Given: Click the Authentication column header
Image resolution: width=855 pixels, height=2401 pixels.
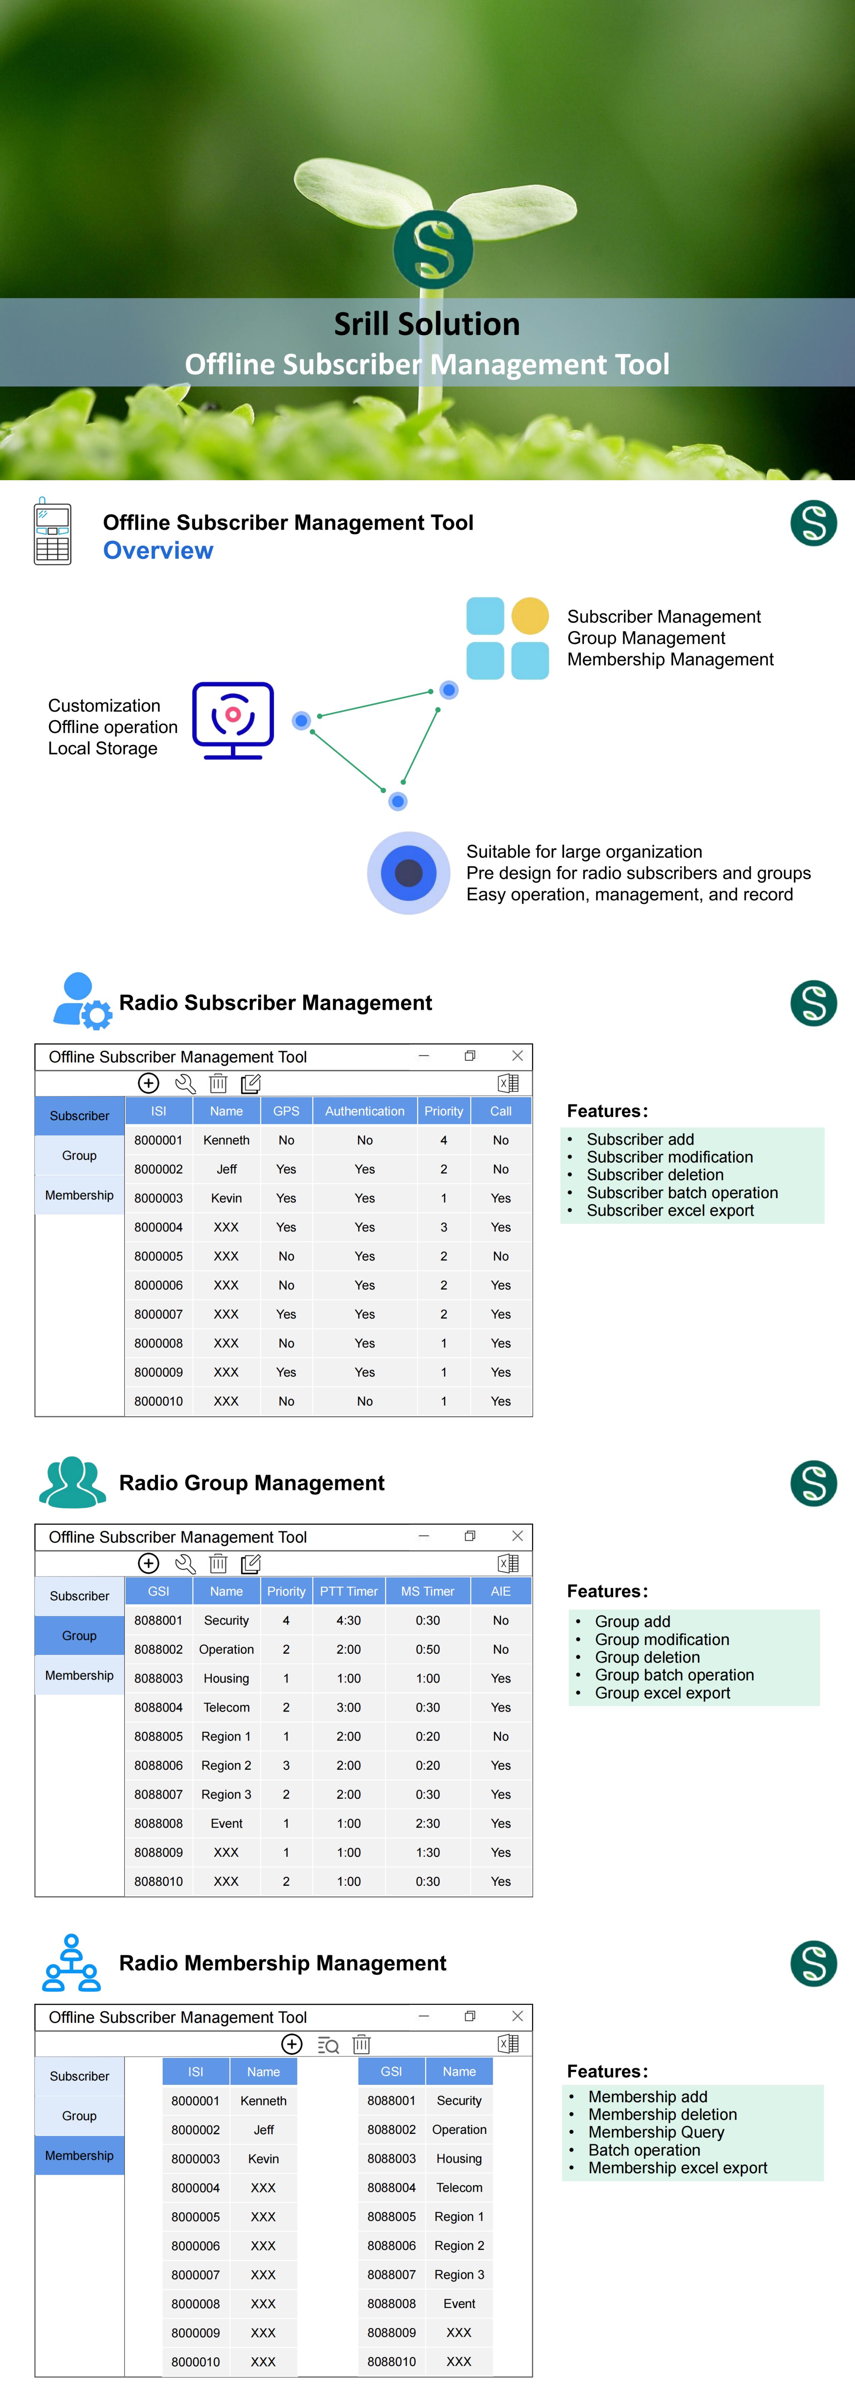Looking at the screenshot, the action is [364, 1111].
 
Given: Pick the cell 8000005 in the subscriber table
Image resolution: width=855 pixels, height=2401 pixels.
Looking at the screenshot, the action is [158, 1256].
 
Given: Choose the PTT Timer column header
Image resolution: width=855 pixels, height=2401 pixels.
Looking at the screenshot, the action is [349, 1591].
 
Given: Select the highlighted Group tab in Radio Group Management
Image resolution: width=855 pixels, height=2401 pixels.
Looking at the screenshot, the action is [79, 1636].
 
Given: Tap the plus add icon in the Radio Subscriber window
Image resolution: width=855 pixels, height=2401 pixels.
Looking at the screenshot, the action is [148, 1083].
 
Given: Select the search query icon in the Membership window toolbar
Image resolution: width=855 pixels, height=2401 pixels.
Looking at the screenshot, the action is [328, 2045].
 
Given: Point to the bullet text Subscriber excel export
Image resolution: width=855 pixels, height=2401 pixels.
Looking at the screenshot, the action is [670, 1211].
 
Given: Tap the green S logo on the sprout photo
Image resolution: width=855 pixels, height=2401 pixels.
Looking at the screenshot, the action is [433, 249].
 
